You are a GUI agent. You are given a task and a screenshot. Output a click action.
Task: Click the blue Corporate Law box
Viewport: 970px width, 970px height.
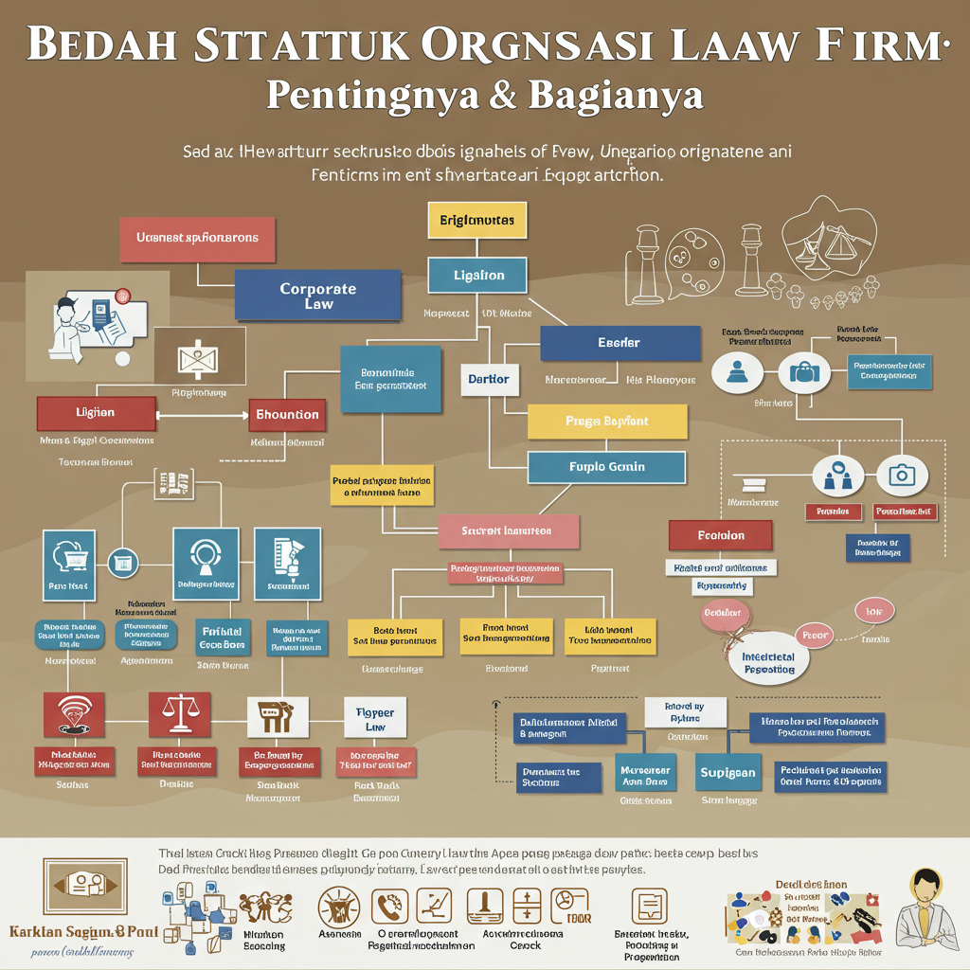click(x=318, y=296)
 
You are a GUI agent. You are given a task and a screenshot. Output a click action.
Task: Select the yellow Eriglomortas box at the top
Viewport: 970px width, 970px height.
click(x=477, y=220)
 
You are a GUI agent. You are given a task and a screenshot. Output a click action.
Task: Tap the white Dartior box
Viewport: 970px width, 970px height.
click(x=489, y=379)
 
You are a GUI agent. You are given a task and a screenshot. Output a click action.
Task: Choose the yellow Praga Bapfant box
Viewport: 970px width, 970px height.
click(x=606, y=421)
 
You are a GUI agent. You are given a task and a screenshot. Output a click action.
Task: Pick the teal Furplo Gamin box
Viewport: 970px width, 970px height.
click(x=606, y=467)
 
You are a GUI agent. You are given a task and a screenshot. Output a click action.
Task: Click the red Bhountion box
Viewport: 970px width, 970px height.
click(x=288, y=415)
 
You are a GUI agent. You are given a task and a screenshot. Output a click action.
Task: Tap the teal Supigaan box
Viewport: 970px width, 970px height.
click(x=727, y=773)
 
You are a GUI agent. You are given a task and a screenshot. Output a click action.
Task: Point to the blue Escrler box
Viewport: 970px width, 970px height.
click(x=620, y=342)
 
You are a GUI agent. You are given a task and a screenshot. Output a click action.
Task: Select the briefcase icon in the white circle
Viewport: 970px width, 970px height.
click(x=804, y=372)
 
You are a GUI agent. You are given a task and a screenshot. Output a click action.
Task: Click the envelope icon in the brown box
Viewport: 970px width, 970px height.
click(x=199, y=358)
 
